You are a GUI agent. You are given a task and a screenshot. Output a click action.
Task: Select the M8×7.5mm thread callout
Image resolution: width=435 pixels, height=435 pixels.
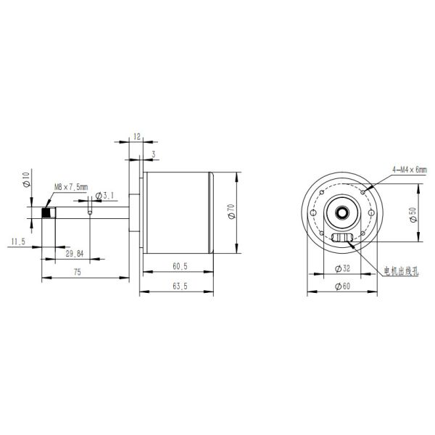70,187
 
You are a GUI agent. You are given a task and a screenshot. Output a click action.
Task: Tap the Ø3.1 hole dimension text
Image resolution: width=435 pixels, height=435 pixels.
106,196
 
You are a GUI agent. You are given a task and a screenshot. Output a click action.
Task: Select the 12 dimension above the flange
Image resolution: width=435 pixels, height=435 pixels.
137,136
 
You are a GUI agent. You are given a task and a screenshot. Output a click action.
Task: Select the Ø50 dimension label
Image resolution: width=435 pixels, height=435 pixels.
413,216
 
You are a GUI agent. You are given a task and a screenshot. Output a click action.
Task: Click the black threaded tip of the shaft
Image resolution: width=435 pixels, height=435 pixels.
47,213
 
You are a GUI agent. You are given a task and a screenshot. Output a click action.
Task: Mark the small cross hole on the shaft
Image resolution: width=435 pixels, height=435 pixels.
90,212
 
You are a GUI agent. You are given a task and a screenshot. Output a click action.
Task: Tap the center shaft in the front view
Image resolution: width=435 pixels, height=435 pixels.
340,212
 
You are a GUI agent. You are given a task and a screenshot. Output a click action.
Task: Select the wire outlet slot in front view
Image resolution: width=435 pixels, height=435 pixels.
340,239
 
